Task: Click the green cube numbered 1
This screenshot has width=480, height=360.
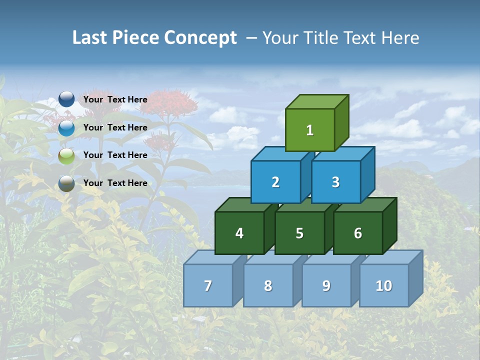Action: tap(310, 130)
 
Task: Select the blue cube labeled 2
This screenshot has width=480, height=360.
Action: tap(275, 182)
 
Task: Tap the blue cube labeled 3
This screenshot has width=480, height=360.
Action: tap(335, 182)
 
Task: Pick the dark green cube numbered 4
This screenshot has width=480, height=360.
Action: tap(239, 233)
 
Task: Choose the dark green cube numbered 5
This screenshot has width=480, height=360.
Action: tap(299, 233)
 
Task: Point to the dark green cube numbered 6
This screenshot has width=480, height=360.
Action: tap(358, 233)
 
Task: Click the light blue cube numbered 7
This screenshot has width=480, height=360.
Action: tap(208, 285)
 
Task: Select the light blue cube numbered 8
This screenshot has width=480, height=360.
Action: tap(268, 285)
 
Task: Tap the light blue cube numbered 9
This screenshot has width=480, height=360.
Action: tap(326, 285)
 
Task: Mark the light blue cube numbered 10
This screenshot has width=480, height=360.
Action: tap(384, 285)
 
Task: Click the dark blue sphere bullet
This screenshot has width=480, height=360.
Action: tap(66, 99)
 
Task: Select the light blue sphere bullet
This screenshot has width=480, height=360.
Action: tap(66, 128)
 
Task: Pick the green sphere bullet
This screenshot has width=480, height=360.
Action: tap(66, 156)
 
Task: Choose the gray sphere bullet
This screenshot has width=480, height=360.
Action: tap(66, 183)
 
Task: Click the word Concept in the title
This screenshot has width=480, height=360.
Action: tap(200, 38)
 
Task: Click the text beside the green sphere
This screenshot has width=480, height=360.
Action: tap(115, 155)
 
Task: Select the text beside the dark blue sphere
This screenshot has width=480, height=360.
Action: tap(115, 99)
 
